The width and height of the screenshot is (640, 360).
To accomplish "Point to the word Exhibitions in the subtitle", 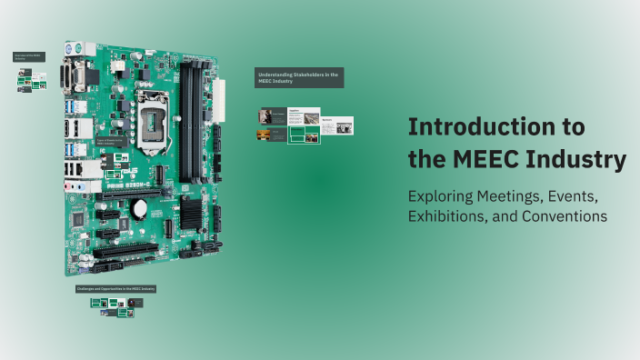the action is (x=450, y=216).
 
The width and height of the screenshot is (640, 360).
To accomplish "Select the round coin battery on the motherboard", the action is (x=139, y=208).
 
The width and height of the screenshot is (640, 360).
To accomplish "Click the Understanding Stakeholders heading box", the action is (x=298, y=77).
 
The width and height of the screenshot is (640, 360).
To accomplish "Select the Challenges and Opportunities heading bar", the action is (x=116, y=288).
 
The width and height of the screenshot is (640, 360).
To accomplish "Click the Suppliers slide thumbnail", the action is (x=304, y=116).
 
